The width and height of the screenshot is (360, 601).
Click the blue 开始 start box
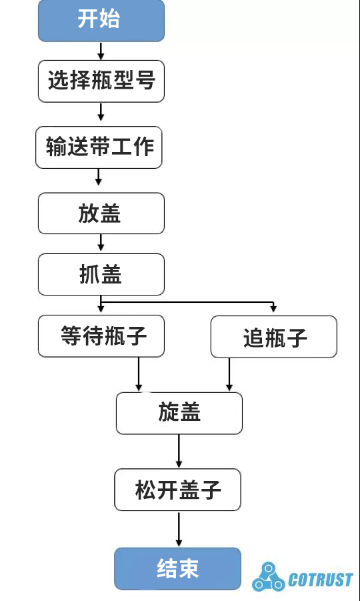point(101,20)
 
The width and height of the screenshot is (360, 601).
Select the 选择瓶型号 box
point(101,81)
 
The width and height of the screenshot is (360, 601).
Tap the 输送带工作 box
point(99,147)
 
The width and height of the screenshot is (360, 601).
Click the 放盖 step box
point(101,213)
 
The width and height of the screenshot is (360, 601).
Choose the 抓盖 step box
point(101,274)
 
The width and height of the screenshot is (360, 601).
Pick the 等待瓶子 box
point(101,336)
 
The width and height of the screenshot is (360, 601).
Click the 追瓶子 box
point(273,337)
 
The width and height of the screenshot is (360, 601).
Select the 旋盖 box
point(179,413)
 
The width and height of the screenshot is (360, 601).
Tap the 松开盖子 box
point(177,490)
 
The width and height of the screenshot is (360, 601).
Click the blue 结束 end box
point(177,568)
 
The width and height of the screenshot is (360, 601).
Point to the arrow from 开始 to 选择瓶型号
point(101,51)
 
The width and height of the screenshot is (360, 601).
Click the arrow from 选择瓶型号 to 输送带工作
point(101,111)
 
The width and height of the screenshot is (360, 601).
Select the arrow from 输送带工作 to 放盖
point(99,177)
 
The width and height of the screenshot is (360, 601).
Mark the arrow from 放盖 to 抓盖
point(101,243)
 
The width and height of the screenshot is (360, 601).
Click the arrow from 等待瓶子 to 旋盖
point(139,374)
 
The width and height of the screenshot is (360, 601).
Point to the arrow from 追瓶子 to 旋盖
point(229,374)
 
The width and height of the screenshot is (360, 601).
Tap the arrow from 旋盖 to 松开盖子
point(179,452)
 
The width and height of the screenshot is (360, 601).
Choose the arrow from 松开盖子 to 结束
point(178,530)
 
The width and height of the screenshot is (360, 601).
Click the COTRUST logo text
point(321,580)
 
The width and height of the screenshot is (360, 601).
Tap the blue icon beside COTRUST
point(268,577)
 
